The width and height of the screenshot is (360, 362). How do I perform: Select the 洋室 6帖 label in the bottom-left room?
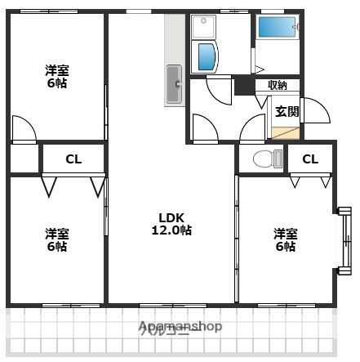pos(57,239)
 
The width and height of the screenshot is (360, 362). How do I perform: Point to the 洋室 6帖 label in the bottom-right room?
pos(285,239)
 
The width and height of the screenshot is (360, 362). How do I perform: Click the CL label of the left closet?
pos(73,159)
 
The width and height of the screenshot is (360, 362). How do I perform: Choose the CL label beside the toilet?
pos(310,159)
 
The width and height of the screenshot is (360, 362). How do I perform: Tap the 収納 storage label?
pos(278,85)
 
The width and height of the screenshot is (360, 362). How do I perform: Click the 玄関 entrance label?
pos(286,111)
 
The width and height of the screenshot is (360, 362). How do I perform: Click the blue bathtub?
pos(278,27)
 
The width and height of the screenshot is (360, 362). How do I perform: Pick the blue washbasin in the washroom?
pos(206,58)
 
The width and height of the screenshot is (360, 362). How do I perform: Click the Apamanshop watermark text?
pos(180,327)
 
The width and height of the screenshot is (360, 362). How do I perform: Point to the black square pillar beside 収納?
pos(242,86)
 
